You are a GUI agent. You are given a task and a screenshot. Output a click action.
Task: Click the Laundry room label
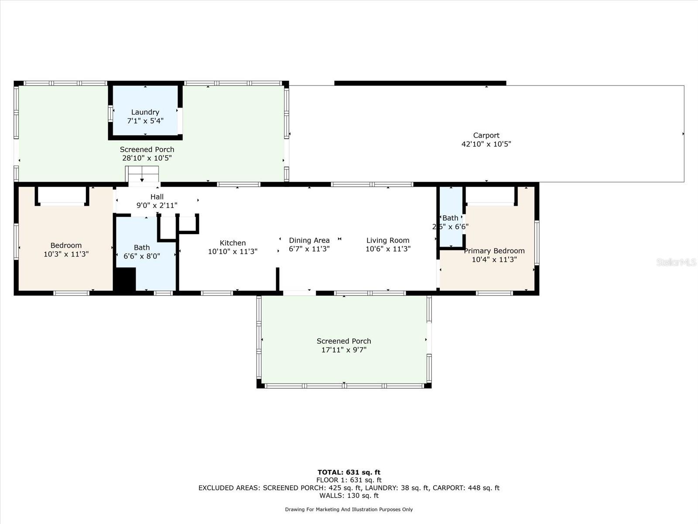(x=145, y=112)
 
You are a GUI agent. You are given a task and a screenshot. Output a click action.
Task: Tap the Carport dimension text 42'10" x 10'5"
(x=486, y=144)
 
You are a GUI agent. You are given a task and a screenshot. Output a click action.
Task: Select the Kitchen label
(x=233, y=243)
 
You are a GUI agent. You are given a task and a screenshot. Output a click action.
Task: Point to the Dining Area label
(x=309, y=240)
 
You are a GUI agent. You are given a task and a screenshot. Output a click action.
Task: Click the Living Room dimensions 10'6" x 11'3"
(x=388, y=249)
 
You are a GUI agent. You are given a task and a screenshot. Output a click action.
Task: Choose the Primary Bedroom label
(x=494, y=251)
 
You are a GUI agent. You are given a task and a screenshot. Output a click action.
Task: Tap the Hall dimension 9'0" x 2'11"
(x=157, y=205)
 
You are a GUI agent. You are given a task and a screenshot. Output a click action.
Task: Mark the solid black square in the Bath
(x=125, y=279)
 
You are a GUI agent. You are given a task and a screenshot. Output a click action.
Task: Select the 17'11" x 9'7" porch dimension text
(x=344, y=350)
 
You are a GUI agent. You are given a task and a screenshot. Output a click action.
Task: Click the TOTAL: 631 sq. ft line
(x=349, y=472)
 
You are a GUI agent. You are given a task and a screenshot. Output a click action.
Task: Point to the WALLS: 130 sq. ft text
(x=349, y=496)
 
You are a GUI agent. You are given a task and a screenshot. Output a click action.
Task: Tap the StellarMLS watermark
(x=676, y=262)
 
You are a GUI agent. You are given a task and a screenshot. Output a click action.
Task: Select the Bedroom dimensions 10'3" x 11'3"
(x=66, y=254)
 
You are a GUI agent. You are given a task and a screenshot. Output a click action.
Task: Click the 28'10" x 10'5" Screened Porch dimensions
(x=147, y=158)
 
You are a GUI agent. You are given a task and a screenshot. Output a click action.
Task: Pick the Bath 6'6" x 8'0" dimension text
(x=141, y=256)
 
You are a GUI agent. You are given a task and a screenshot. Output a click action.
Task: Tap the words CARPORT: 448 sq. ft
(x=465, y=488)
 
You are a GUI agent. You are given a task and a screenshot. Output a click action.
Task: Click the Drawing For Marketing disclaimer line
(x=349, y=509)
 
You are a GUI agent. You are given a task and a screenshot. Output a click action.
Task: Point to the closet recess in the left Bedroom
(x=62, y=195)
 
